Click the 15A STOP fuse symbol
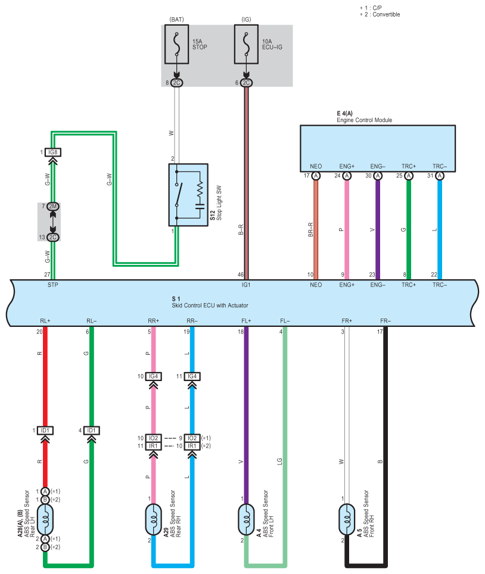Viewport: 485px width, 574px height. click(x=176, y=44)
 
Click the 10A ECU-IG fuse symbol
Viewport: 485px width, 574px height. click(x=246, y=44)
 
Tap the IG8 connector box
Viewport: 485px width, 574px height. click(x=53, y=152)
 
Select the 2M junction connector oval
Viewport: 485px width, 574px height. click(x=53, y=207)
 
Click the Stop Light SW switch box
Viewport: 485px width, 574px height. click(x=188, y=195)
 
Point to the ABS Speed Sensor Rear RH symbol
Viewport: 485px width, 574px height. click(x=154, y=519)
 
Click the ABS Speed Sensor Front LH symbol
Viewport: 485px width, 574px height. click(x=246, y=519)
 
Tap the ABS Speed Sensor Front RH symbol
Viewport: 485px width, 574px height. click(x=347, y=519)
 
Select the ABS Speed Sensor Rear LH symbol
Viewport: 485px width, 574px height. click(x=45, y=519)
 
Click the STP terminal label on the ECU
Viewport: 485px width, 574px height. click(x=53, y=285)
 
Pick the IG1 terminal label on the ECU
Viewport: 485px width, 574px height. click(x=246, y=285)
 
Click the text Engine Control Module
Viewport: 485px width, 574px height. click(x=365, y=120)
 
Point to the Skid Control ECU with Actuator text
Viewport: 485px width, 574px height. click(x=210, y=305)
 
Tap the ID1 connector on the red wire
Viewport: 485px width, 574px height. click(x=45, y=430)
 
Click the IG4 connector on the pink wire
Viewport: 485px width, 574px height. click(x=154, y=376)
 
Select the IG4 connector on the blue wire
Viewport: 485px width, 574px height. click(x=192, y=376)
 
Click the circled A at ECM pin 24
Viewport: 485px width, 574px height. click(x=347, y=176)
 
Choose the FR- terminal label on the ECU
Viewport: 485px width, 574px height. click(x=385, y=321)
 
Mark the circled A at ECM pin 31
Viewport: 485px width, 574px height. click(x=440, y=176)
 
